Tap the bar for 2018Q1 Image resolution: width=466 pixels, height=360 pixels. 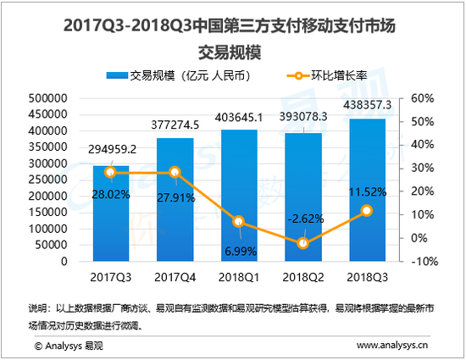point(238,196)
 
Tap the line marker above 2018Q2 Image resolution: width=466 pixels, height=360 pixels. point(302,243)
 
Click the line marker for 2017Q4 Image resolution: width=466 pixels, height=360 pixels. point(174,173)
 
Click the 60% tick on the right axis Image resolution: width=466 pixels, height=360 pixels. point(421,98)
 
